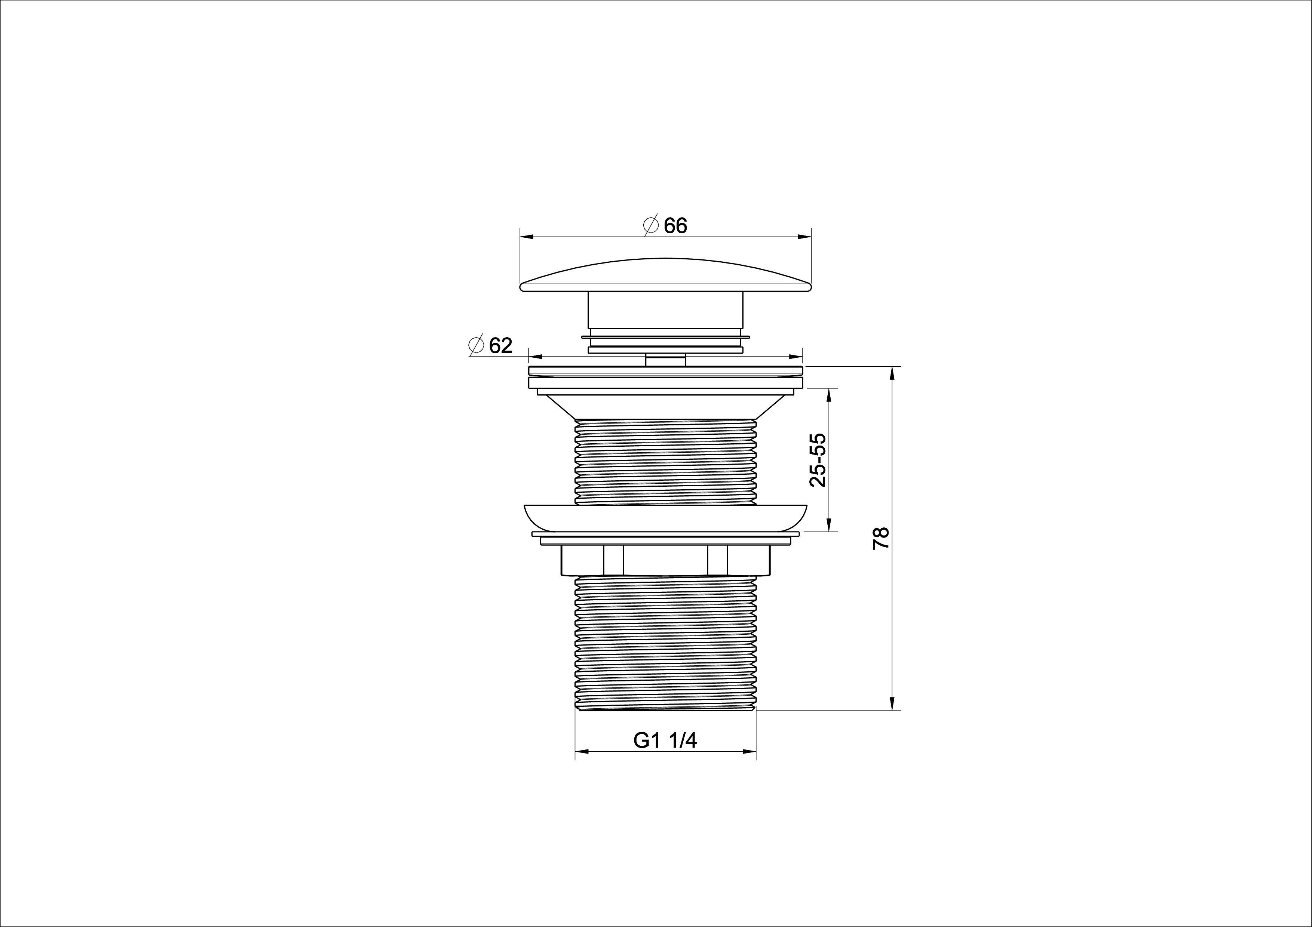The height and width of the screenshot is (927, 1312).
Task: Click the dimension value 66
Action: pyautogui.click(x=675, y=226)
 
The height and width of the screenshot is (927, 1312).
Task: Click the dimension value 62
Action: pyautogui.click(x=500, y=345)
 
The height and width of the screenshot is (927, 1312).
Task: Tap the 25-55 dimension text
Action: pyautogui.click(x=818, y=460)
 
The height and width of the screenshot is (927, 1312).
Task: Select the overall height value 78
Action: pyautogui.click(x=880, y=538)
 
